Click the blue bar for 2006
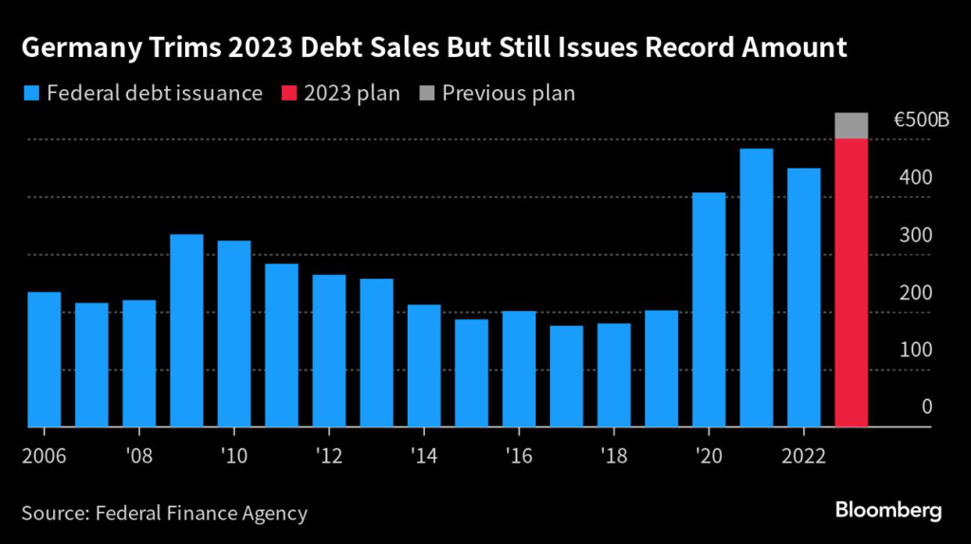(44, 360)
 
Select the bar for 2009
(187, 331)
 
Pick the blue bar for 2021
(756, 288)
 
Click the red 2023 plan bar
(852, 283)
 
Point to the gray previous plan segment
(852, 126)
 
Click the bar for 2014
(424, 366)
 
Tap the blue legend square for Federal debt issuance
(30, 94)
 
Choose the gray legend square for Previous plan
(425, 94)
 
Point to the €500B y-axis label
(922, 120)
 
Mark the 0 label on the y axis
(927, 407)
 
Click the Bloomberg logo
(888, 511)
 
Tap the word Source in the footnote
(53, 514)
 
